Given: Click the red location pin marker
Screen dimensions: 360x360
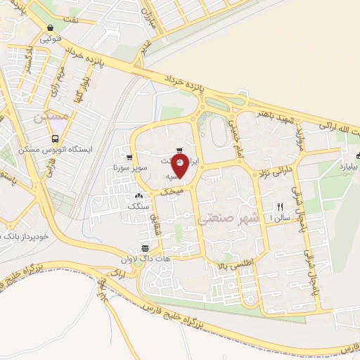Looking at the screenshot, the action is click(x=180, y=167).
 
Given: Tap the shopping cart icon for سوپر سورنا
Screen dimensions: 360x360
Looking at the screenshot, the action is click(x=129, y=157).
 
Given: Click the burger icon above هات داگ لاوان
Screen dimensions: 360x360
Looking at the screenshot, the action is click(x=145, y=248).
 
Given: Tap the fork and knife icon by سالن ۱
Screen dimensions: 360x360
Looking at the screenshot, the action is click(x=280, y=207).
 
